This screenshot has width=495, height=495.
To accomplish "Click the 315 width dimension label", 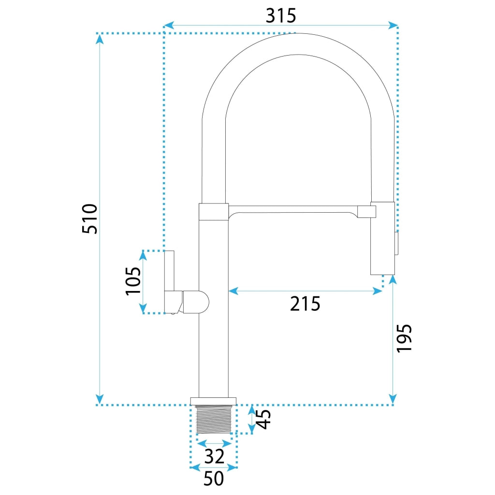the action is (281, 16).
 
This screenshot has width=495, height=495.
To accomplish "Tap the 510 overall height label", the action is (89, 218).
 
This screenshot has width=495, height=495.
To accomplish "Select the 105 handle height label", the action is (133, 281).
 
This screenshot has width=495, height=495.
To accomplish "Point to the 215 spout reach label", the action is (305, 304).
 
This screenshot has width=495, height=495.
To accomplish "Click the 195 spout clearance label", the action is (404, 338).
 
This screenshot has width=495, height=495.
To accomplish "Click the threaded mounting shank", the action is (214, 419).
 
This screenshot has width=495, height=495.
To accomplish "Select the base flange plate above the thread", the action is (213, 401).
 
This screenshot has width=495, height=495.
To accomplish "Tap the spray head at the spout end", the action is (383, 238).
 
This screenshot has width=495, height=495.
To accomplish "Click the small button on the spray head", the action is (397, 243).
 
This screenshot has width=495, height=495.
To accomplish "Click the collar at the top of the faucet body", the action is (214, 212).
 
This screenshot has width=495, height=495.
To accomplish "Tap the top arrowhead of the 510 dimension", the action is (100, 39).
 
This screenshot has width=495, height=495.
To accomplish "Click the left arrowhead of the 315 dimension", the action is (169, 25).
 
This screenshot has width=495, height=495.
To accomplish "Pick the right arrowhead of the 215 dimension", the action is (378, 291).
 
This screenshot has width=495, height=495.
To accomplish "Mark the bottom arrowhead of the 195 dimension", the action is (393, 399).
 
